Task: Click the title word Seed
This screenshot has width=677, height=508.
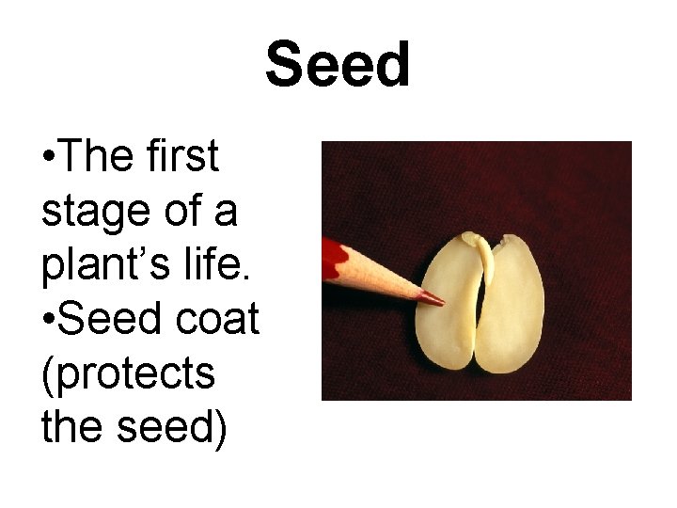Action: pyautogui.click(x=338, y=66)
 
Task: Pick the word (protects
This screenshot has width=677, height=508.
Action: pyautogui.click(x=128, y=373)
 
